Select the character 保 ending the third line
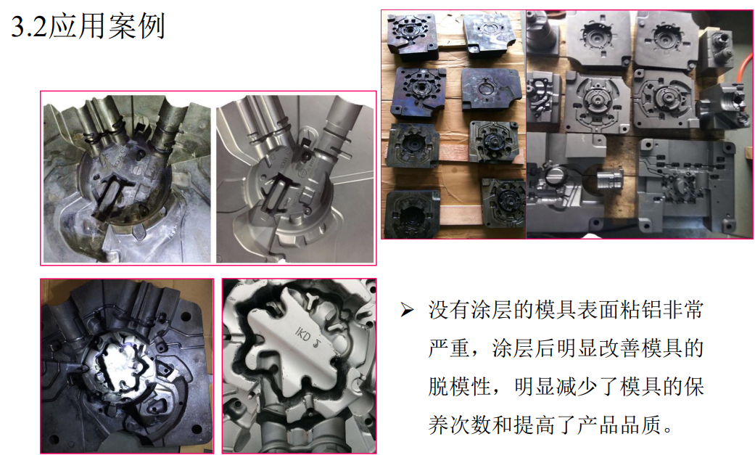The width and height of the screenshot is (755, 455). (x=694, y=386)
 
